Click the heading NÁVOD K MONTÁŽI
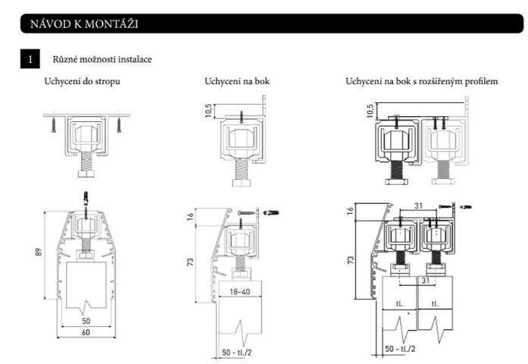84,24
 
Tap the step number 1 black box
30,58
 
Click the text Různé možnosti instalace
101,58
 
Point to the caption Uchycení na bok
237,80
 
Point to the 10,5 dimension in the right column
370,111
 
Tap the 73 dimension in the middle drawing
191,262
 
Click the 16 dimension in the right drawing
351,210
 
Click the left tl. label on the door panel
399,303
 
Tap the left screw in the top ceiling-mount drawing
54,123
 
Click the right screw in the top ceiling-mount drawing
118,123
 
